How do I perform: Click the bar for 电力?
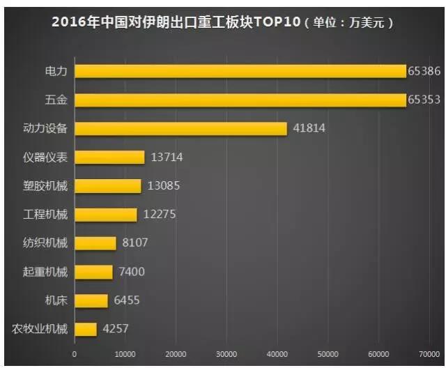[240, 71]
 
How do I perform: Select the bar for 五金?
[240, 100]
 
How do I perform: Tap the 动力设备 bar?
[180, 128]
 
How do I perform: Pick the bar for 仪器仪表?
[109, 157]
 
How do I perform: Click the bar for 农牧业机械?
[86, 329]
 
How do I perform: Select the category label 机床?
[56, 300]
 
